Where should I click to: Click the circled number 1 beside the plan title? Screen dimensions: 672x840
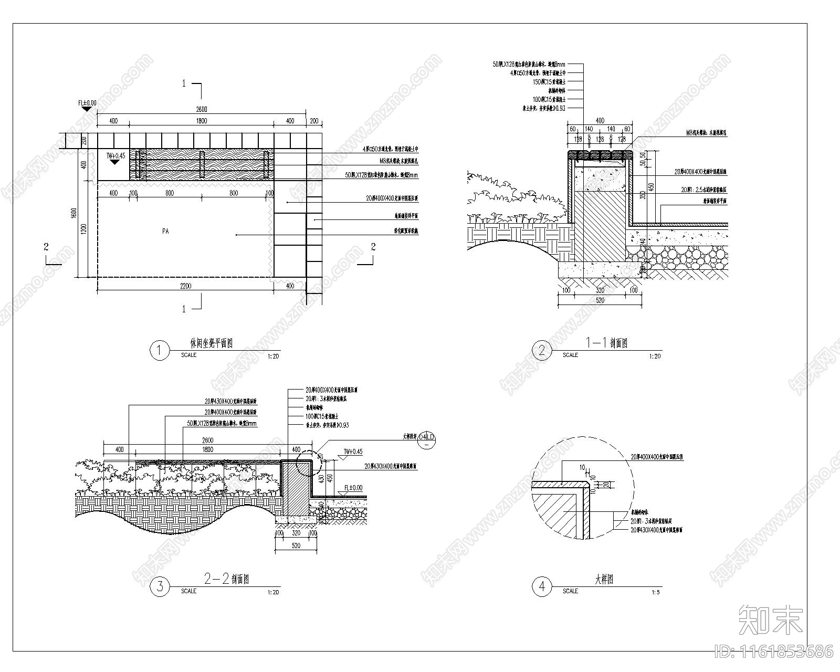pyautogui.click(x=160, y=350)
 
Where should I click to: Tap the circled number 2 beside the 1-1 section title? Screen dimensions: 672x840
pyautogui.click(x=542, y=350)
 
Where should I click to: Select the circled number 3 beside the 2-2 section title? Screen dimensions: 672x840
pyautogui.click(x=160, y=586)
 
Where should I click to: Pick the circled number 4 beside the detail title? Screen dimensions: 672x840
pyautogui.click(x=542, y=586)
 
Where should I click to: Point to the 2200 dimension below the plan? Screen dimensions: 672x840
pyautogui.click(x=185, y=286)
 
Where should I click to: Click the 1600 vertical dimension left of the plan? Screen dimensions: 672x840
pyautogui.click(x=74, y=213)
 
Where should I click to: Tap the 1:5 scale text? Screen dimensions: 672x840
pyautogui.click(x=655, y=592)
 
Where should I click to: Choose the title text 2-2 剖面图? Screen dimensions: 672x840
pyautogui.click(x=226, y=580)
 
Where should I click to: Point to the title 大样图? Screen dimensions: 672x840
pyautogui.click(x=604, y=580)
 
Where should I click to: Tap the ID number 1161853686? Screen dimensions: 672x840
pyautogui.click(x=774, y=652)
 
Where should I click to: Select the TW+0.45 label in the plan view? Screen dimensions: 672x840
pyautogui.click(x=116, y=155)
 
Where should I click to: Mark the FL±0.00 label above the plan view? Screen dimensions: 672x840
pyautogui.click(x=87, y=103)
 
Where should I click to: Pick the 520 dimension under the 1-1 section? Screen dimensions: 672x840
pyautogui.click(x=600, y=300)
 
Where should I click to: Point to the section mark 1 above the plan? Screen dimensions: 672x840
pyautogui.click(x=184, y=83)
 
